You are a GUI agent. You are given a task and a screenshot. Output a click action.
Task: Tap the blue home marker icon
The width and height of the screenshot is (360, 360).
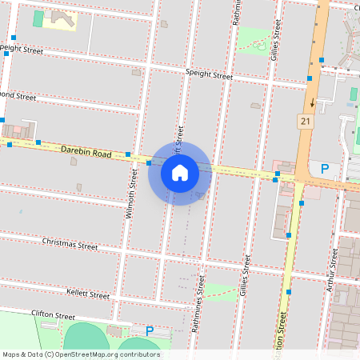tap(180, 173)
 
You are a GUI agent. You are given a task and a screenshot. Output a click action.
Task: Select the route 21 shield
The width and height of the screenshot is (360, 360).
tap(305, 121)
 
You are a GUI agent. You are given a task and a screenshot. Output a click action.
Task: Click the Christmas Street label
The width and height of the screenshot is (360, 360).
tap(70, 242)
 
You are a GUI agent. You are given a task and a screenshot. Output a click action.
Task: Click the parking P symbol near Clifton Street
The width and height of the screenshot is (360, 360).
tap(149, 330)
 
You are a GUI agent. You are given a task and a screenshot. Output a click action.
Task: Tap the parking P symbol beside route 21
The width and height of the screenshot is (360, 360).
tap(324, 169)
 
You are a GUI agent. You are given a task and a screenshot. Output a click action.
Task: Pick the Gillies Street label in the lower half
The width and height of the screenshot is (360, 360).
tap(245, 276)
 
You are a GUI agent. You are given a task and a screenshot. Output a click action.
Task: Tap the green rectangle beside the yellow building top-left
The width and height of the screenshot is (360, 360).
tap(38, 18)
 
